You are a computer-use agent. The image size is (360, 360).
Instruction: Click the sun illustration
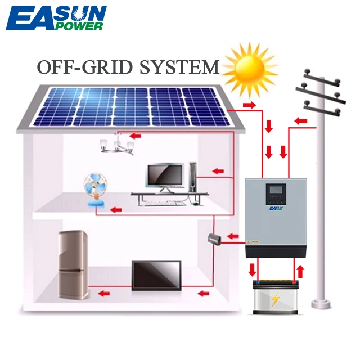point(249,67)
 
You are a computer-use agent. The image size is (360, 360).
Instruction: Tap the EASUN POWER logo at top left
point(56,18)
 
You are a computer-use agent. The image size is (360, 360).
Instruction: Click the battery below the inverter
point(274,298)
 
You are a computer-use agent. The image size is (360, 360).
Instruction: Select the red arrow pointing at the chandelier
point(135,136)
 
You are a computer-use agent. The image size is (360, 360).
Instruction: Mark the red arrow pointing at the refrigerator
point(103,292)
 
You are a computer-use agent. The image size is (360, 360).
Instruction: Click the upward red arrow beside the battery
point(300,273)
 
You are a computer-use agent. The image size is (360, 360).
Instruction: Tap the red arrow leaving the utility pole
point(300,120)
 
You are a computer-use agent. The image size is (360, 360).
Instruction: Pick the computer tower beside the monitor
point(193,177)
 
